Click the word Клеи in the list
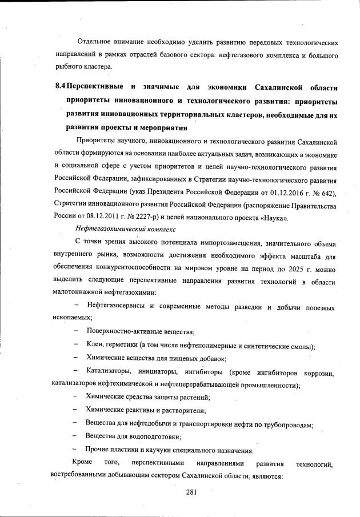(95, 346)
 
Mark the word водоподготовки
(153, 436)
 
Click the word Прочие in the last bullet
(99, 450)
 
